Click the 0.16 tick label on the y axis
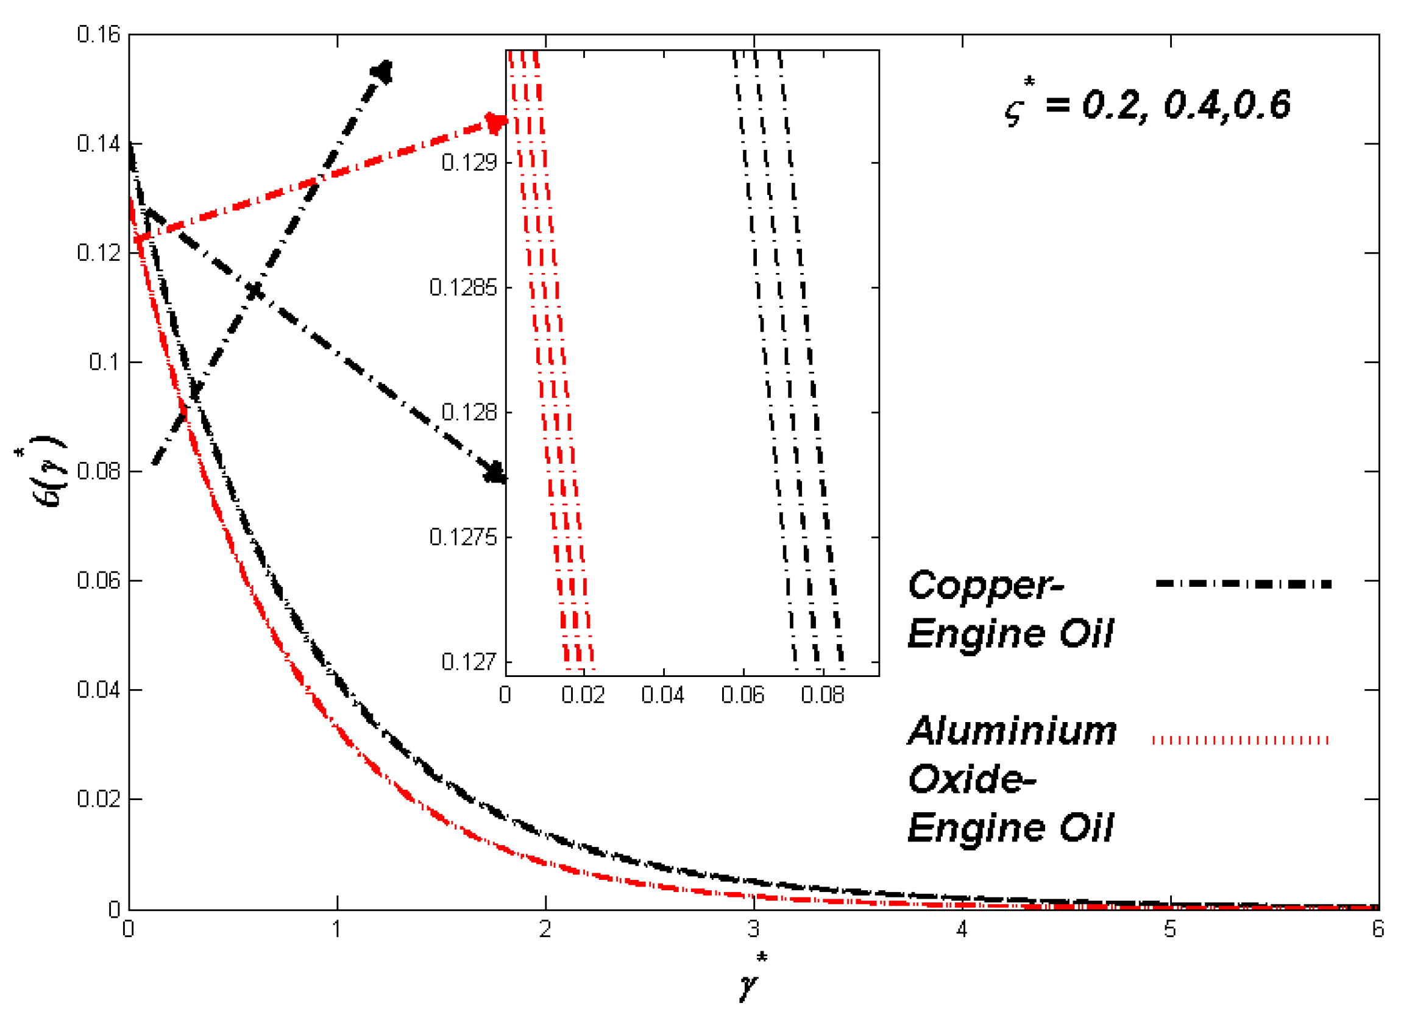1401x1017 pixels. (x=98, y=35)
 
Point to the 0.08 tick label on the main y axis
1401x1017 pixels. (x=98, y=472)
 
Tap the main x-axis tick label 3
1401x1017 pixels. (x=753, y=929)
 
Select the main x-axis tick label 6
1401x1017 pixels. (x=1378, y=929)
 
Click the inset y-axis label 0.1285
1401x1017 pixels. (x=463, y=288)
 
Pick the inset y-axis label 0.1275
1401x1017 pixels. (x=463, y=537)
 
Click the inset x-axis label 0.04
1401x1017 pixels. (x=663, y=695)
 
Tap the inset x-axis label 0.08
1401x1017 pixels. (x=823, y=695)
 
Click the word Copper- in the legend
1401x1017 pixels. (x=987, y=585)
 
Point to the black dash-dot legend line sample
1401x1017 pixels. (x=1244, y=584)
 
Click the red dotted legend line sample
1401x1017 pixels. (x=1240, y=740)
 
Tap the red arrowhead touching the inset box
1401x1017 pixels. (x=496, y=123)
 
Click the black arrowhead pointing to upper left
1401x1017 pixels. (x=382, y=73)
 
